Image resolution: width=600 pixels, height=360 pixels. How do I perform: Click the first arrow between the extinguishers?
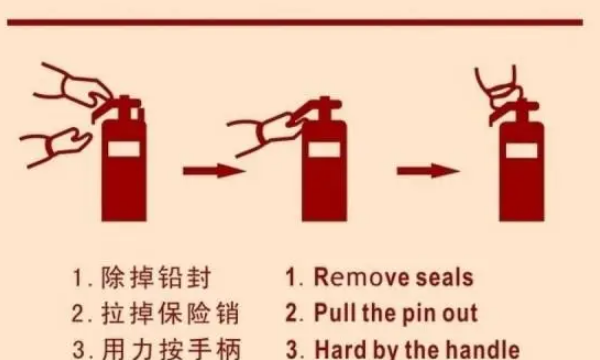(214, 171)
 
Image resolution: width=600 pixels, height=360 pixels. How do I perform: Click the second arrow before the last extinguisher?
(428, 171)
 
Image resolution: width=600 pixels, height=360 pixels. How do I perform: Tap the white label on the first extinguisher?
(124, 149)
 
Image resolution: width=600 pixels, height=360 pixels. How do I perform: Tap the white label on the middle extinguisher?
(324, 149)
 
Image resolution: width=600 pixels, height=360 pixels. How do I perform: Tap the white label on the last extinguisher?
(522, 150)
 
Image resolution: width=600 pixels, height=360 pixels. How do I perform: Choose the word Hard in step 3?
(340, 349)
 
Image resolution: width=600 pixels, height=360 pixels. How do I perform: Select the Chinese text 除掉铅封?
(156, 277)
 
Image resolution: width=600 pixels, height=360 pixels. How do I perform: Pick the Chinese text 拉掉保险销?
(170, 313)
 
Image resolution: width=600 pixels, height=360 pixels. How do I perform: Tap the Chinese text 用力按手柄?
(171, 349)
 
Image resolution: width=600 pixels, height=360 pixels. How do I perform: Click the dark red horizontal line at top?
(295, 22)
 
